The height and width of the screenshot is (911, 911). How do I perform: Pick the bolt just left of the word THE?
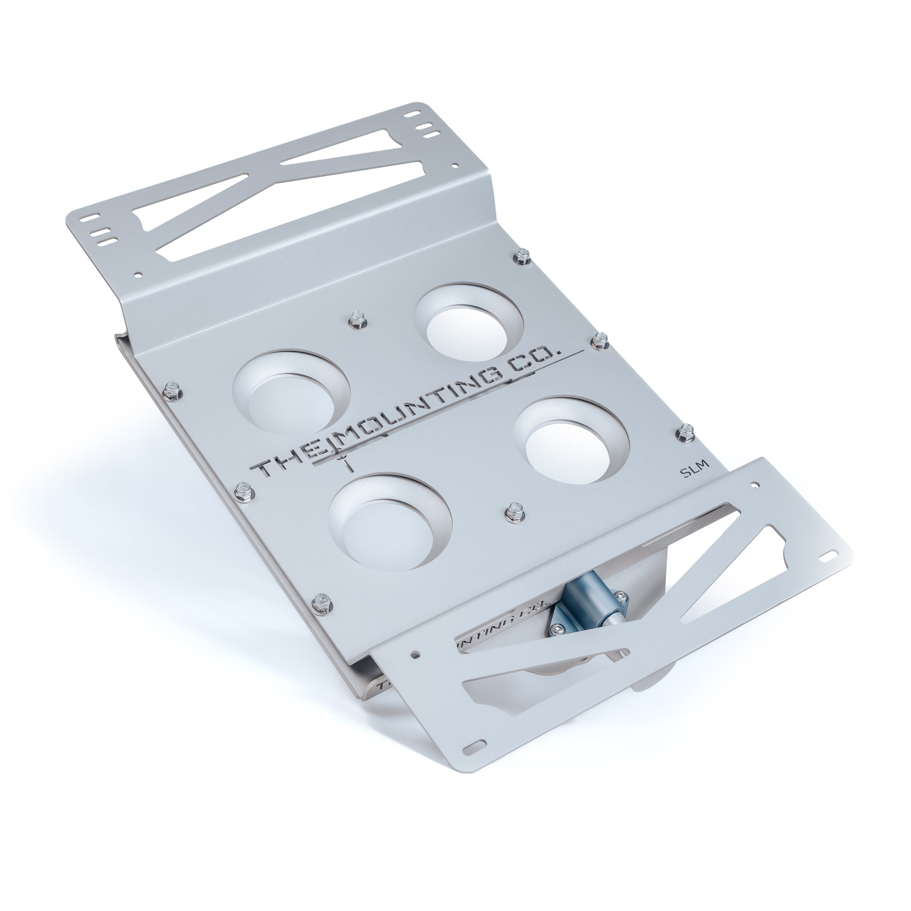coord(243,489)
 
